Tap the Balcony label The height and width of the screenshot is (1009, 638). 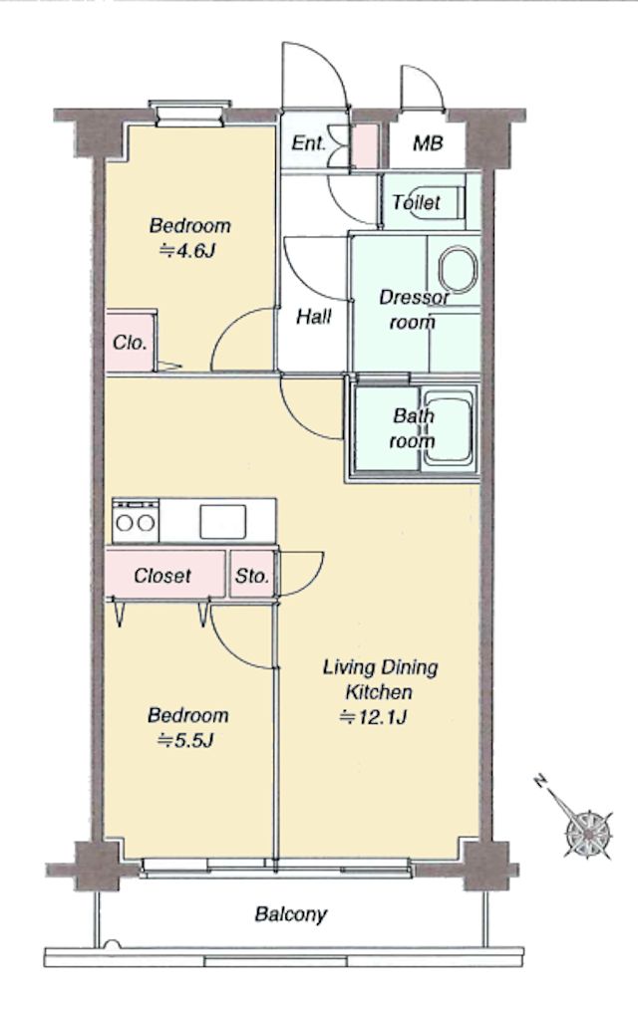pos(290,913)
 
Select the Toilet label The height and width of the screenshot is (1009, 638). pos(417,203)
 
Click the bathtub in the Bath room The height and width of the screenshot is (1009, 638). pos(449,425)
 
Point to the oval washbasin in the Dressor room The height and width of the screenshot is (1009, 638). pos(459,268)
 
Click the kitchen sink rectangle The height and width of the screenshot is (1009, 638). pos(222,521)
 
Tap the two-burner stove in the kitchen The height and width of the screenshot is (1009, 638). pos(136,521)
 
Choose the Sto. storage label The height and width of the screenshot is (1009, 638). pos(252,576)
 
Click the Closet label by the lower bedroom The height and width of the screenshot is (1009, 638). pos(162,576)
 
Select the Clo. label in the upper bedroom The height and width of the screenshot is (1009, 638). pos(130,343)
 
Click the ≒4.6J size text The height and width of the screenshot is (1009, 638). pos(186,250)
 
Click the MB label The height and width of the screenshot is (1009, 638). pos(428,142)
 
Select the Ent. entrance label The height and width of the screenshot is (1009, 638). pos(308,142)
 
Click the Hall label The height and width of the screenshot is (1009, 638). pos(314,317)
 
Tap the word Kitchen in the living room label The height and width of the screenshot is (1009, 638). pos(379,692)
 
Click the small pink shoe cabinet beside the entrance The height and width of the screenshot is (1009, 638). pos(366,146)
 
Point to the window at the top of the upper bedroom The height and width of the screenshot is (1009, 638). pos(190,114)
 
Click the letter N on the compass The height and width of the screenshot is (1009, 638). pos(541,782)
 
